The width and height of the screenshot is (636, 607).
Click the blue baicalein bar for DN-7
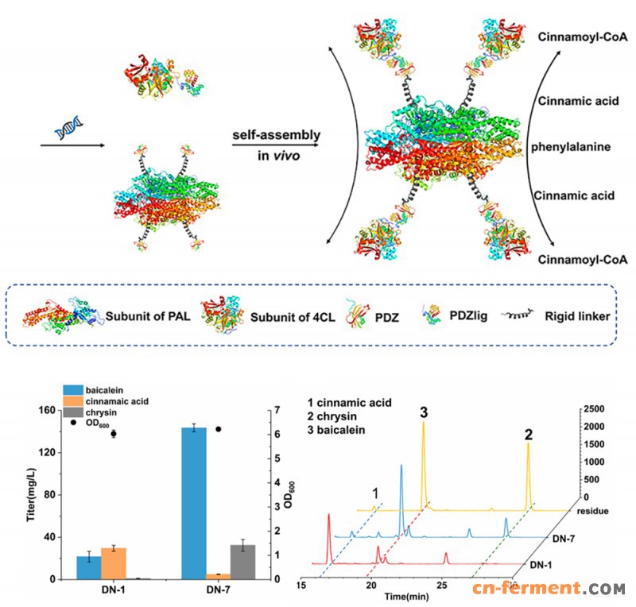pyautogui.click(x=194, y=503)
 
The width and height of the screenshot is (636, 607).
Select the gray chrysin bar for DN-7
pyautogui.click(x=243, y=562)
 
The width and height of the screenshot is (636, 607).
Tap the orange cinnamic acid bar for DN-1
pyautogui.click(x=114, y=563)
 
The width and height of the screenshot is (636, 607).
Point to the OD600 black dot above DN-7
pyautogui.click(x=219, y=429)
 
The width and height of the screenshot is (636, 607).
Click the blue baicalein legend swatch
pyautogui.click(x=73, y=390)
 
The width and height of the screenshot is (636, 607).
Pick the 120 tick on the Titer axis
pyautogui.click(x=47, y=452)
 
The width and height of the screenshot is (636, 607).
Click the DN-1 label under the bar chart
pyautogui.click(x=113, y=590)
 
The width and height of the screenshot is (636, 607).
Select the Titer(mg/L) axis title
pyautogui.click(x=31, y=495)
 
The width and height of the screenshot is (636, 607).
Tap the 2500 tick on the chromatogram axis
pyautogui.click(x=594, y=408)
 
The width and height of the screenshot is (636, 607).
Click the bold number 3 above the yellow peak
pyautogui.click(x=424, y=412)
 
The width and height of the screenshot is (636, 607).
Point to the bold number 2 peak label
pyautogui.click(x=528, y=435)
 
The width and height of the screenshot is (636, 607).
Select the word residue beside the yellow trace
pyautogui.click(x=592, y=511)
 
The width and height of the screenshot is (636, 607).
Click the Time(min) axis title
pyautogui.click(x=406, y=597)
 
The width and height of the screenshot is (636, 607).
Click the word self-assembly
pyautogui.click(x=276, y=135)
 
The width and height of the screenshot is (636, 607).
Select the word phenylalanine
pyautogui.click(x=571, y=147)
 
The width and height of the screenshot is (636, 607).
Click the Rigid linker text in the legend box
pyautogui.click(x=577, y=316)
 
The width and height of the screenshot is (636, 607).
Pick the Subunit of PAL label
pyautogui.click(x=148, y=316)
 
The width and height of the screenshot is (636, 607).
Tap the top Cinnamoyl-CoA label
pyautogui.click(x=583, y=37)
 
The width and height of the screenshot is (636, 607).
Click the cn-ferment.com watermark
pyautogui.click(x=549, y=589)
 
